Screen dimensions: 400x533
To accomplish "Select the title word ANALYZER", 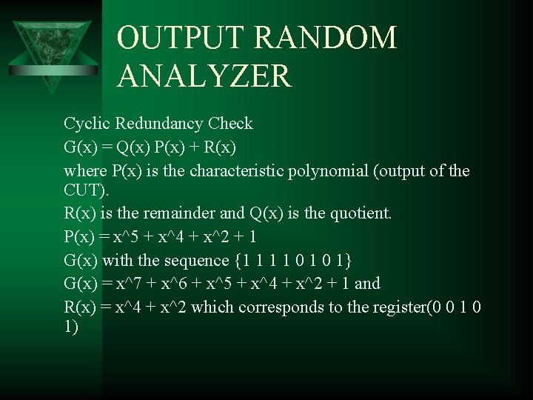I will [204, 76].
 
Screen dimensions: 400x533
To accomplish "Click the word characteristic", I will [234, 171].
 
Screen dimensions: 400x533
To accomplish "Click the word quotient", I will [359, 214].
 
